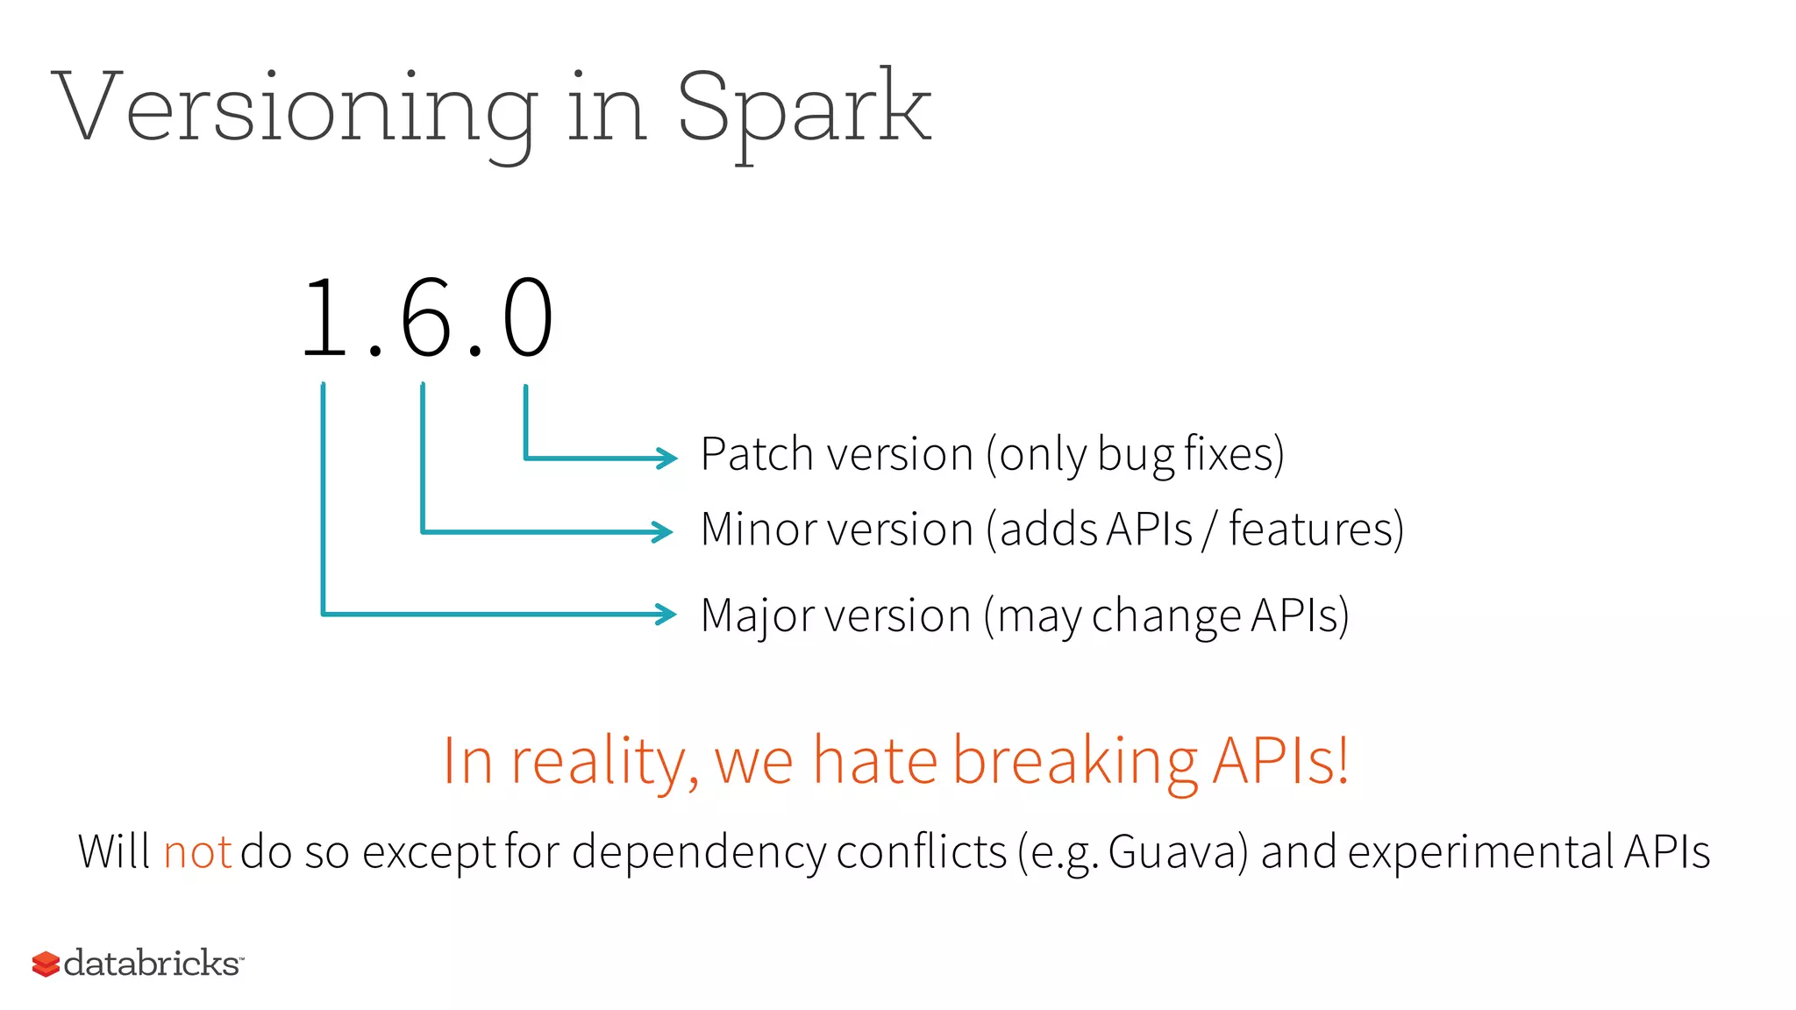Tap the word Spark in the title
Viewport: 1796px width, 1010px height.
802,110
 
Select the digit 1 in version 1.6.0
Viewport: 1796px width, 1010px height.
324,317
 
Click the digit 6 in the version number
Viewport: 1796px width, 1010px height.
426,317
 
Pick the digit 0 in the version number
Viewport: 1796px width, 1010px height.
527,317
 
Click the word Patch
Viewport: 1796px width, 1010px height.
757,454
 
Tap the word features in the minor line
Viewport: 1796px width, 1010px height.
1315,530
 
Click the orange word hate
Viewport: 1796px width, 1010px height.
874,760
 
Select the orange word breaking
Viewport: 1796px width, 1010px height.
1075,760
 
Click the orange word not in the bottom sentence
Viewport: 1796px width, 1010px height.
196,852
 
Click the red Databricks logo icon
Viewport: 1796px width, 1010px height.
46,964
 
